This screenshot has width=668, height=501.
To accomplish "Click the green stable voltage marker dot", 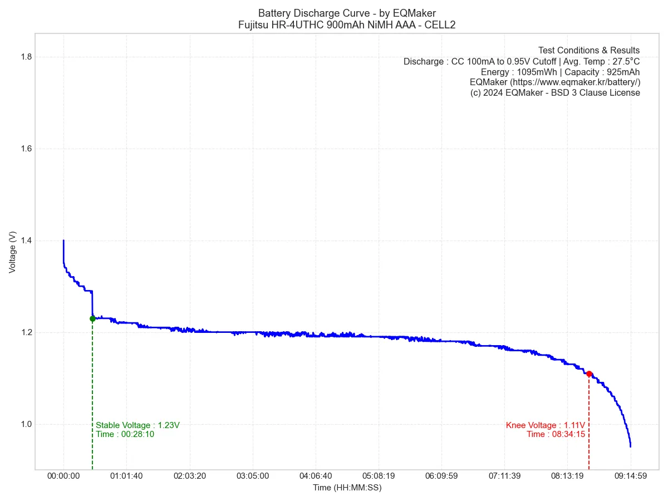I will [92, 319].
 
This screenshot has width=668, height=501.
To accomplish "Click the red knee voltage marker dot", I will [589, 374].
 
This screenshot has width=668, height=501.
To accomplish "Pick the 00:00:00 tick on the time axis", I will [63, 477].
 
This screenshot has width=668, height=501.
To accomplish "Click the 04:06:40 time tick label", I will [316, 477].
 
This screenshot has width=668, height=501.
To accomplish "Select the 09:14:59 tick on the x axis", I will [631, 477].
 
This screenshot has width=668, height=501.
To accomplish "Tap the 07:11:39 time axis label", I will [504, 477].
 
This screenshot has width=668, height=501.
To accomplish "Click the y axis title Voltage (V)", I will [12, 253].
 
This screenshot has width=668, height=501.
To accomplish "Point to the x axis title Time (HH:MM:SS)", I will [347, 488].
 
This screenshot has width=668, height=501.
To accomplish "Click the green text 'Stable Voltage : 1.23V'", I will [137, 425].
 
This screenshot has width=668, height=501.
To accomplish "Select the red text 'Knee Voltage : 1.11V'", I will [545, 425].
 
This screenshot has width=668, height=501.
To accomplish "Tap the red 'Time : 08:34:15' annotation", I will [556, 434].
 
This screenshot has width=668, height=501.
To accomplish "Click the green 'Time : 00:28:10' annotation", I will [125, 434].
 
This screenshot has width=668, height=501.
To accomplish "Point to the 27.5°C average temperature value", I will [623, 61].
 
